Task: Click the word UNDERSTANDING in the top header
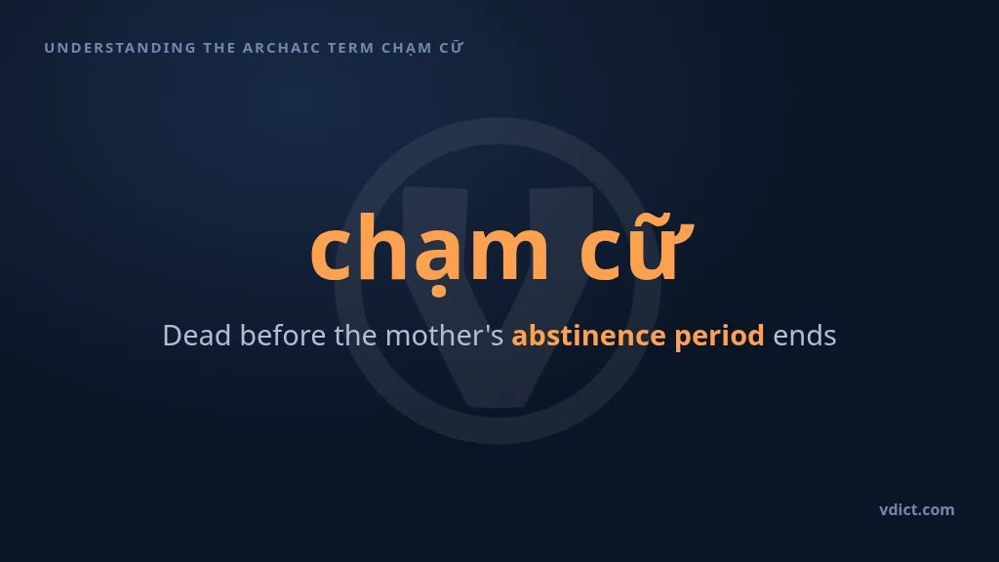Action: (120, 48)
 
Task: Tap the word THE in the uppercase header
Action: (220, 48)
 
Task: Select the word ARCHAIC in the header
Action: (282, 48)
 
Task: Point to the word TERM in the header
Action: (351, 48)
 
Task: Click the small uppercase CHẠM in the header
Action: (407, 49)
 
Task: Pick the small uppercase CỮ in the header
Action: (451, 47)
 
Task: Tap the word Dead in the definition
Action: (197, 336)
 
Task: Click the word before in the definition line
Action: (283, 336)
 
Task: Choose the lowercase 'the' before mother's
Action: (355, 336)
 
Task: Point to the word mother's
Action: (445, 336)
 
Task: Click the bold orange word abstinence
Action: (588, 336)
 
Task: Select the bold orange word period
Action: (719, 337)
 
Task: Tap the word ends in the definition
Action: (805, 336)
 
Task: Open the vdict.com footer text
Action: (917, 509)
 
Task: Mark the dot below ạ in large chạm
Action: (439, 293)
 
